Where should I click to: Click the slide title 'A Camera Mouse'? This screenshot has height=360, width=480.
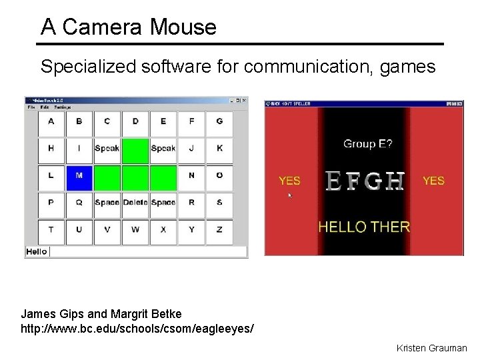tap(129, 27)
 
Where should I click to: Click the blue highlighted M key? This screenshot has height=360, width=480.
tap(79, 175)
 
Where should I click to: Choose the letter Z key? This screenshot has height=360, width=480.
tap(219, 229)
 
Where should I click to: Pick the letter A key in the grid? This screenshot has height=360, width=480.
tap(51, 121)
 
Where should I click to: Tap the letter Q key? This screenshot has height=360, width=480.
tap(79, 202)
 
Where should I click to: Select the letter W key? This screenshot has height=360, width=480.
tap(135, 229)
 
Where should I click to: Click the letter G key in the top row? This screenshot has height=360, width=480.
tap(219, 121)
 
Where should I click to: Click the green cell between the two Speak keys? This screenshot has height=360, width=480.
tap(135, 149)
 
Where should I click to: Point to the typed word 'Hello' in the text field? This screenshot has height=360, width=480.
tap(37, 251)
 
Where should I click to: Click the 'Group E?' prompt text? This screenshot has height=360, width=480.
tap(367, 143)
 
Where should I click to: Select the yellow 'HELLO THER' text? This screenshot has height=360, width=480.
tap(364, 227)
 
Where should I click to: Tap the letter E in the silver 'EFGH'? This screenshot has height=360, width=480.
tap(335, 181)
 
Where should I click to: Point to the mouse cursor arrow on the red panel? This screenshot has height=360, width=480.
tap(290, 195)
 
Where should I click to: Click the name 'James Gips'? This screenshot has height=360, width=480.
tap(50, 313)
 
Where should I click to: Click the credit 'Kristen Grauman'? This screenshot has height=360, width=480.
tap(431, 348)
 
